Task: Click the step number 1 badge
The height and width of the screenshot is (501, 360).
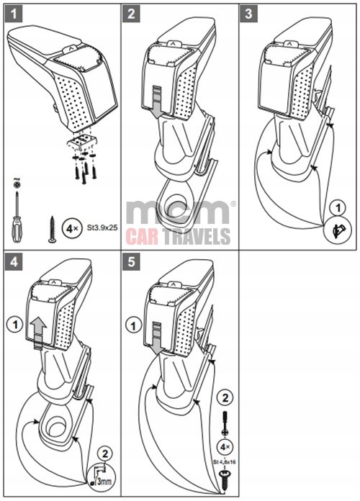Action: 14,14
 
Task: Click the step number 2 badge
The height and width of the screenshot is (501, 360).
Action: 131,14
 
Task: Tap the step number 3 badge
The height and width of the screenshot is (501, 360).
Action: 248,14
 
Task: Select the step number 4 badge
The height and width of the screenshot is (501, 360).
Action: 14,262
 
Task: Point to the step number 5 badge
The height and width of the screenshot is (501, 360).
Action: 131,262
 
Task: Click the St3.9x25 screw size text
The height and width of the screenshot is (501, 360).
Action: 102,228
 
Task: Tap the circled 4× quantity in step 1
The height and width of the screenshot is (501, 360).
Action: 71,228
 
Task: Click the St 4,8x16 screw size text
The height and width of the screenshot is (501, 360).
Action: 225,462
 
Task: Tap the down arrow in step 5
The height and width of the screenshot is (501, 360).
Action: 157,339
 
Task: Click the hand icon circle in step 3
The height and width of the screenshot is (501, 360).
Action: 338,230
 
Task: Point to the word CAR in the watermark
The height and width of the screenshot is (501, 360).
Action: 142,237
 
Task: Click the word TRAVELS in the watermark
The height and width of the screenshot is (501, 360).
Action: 196,237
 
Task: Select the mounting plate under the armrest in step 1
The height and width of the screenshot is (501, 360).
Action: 82,143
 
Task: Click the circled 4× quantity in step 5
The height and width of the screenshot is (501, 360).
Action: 225,447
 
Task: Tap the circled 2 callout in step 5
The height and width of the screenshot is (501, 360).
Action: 225,399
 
